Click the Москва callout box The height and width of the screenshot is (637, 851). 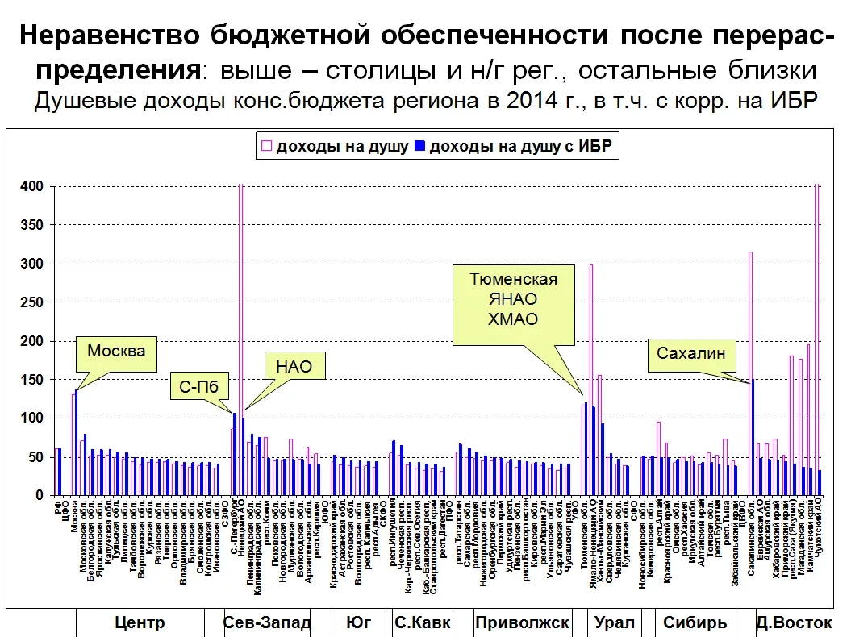pos(117,352)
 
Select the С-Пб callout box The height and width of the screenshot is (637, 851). pos(199,388)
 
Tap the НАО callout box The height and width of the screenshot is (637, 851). pos(288,368)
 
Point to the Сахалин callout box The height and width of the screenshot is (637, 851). pos(690,353)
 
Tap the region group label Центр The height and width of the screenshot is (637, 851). pos(140,622)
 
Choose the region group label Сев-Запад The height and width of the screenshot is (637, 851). pos(266,622)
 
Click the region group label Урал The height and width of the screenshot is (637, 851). pos(614,622)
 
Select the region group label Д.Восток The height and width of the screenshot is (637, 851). pos(793,622)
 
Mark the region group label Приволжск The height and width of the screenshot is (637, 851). pos(522,622)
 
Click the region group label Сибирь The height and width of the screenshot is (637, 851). pos(695,622)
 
